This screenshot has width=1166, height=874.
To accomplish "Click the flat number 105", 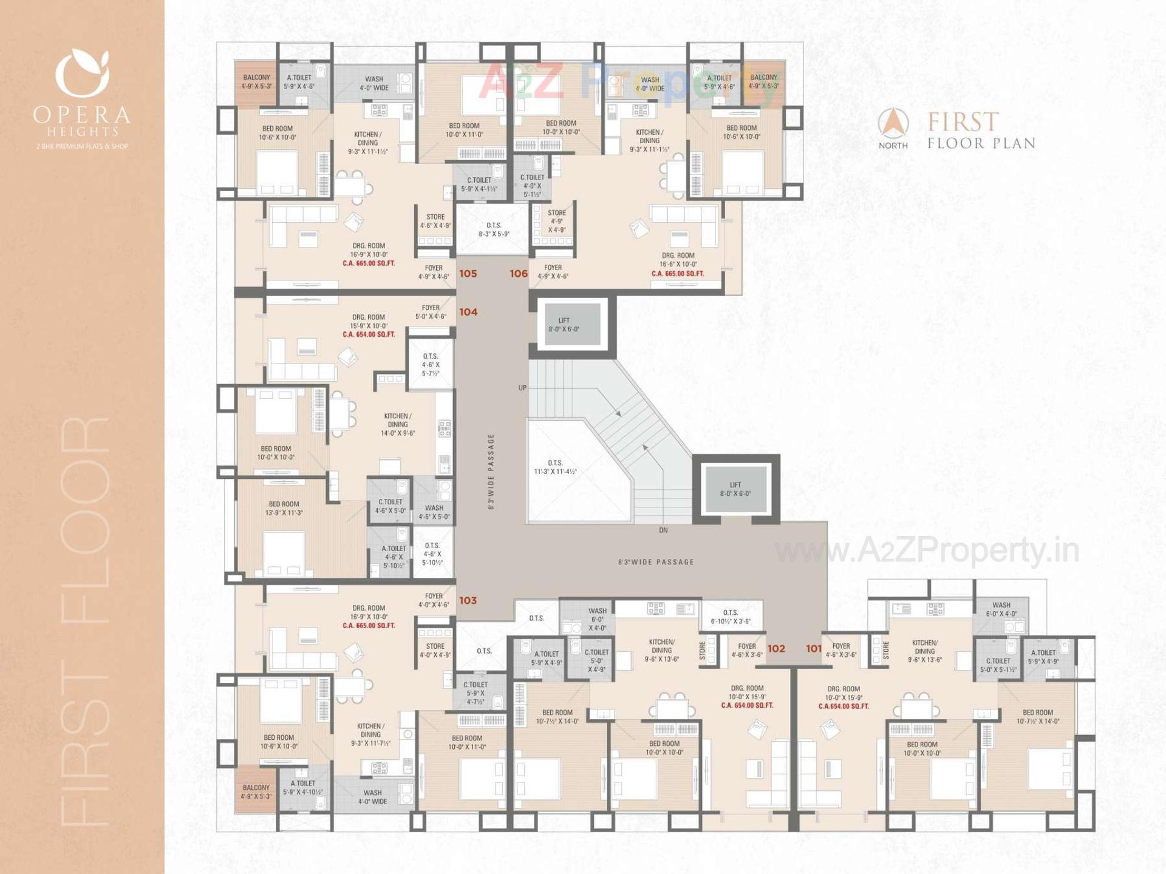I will pos(468,274).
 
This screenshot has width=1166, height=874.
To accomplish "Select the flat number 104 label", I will pos(468,312).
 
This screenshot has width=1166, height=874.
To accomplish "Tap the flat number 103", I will pos(468,600).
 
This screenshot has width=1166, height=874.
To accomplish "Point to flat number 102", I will pos(776,648).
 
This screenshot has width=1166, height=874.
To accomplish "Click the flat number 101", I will pos(814,648).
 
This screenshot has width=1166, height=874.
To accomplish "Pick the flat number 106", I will pos(519,274).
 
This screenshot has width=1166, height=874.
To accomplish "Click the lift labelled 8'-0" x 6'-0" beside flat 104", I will pos(564,325).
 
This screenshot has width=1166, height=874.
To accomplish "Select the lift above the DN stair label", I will pos(735,489).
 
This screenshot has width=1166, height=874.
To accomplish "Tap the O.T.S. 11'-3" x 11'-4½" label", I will pos(555,467).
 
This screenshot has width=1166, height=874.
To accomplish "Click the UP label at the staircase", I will pos(522,388).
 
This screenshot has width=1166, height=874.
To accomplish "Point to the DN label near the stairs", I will pos(663,530).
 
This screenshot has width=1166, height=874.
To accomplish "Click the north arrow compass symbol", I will pos(893,123).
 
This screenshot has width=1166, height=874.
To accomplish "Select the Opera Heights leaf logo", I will pos(82,73).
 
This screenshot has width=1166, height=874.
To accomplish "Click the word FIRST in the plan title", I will pos(963,122).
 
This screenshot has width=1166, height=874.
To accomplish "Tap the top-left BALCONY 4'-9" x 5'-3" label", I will pos(256,81).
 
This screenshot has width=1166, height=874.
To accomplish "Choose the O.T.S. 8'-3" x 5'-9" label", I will pos(494,229).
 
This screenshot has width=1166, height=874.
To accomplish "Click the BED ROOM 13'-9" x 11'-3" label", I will pos(284,508).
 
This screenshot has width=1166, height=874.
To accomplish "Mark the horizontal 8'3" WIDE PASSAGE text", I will pos(656,562).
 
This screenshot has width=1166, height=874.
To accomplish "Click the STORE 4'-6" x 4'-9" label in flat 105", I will pos(435,221).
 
